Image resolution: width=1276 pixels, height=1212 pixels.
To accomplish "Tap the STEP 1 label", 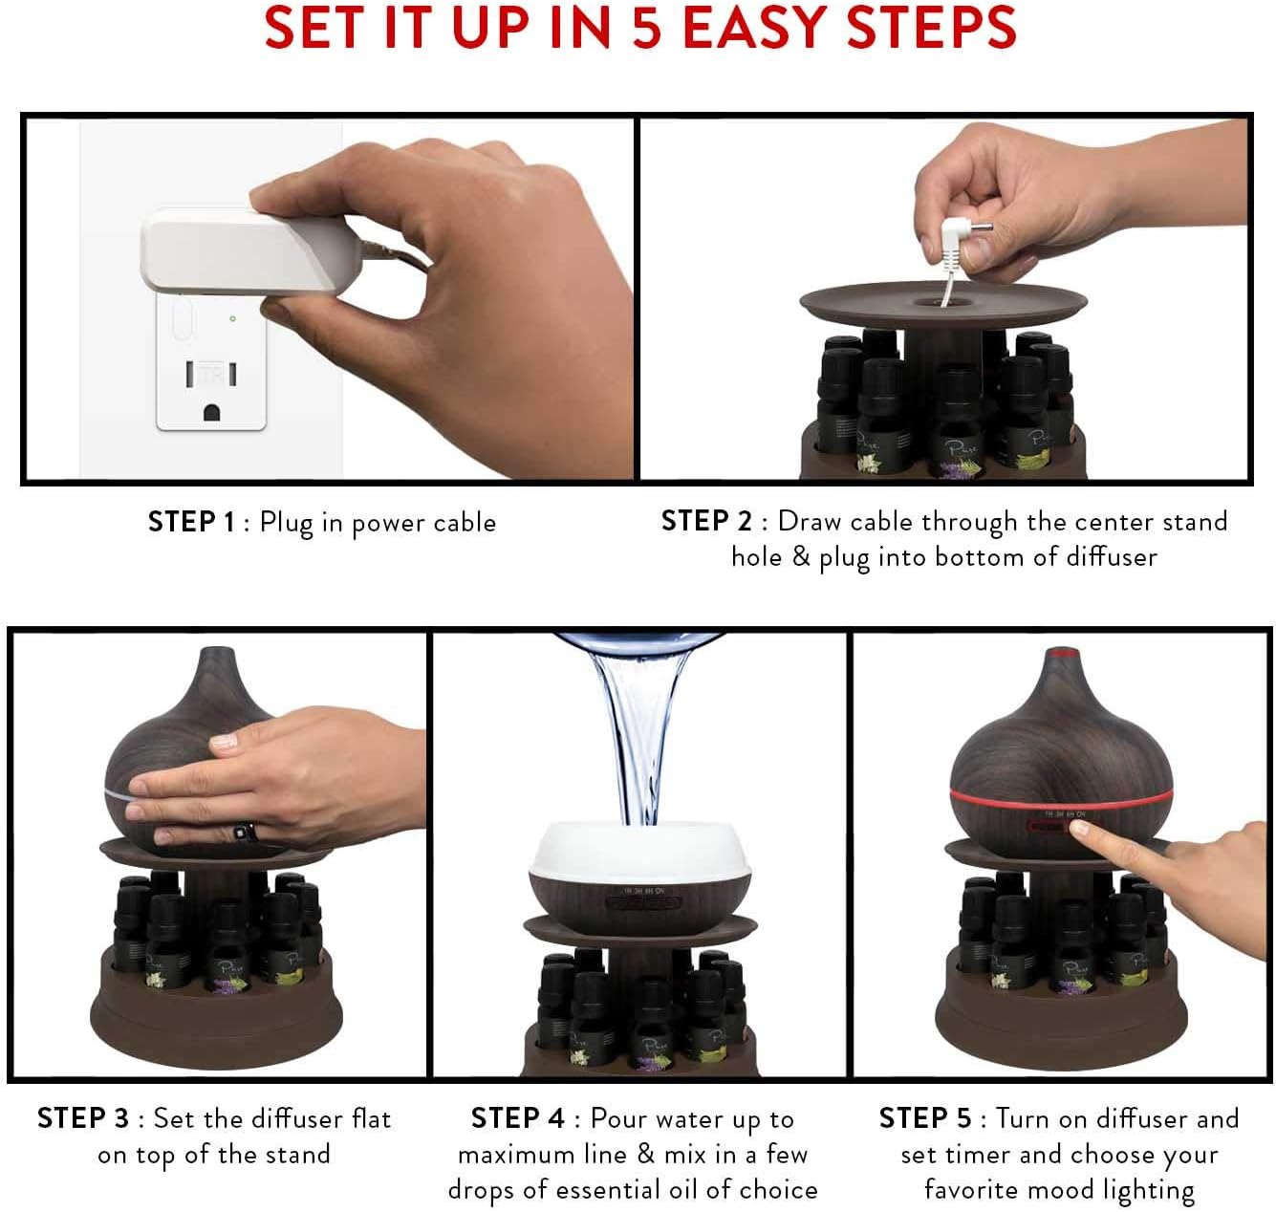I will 190,522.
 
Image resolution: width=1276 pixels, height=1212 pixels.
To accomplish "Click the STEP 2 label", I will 706,521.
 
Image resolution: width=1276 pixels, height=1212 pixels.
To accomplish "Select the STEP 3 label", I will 82,1117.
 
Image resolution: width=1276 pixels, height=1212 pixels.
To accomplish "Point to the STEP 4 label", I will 517,1117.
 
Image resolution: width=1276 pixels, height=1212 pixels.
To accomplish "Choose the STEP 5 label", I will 924,1117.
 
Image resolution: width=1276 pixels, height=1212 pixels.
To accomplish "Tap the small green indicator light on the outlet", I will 233,318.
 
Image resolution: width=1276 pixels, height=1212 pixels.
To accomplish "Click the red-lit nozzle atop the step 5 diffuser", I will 1060,654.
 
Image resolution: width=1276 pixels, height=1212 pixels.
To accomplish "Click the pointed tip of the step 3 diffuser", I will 217,653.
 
